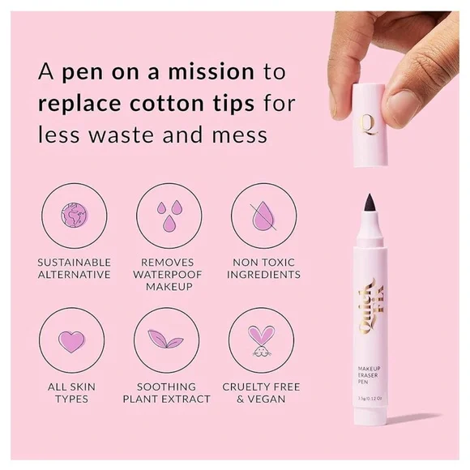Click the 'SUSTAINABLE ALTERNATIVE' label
[x=74, y=268]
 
